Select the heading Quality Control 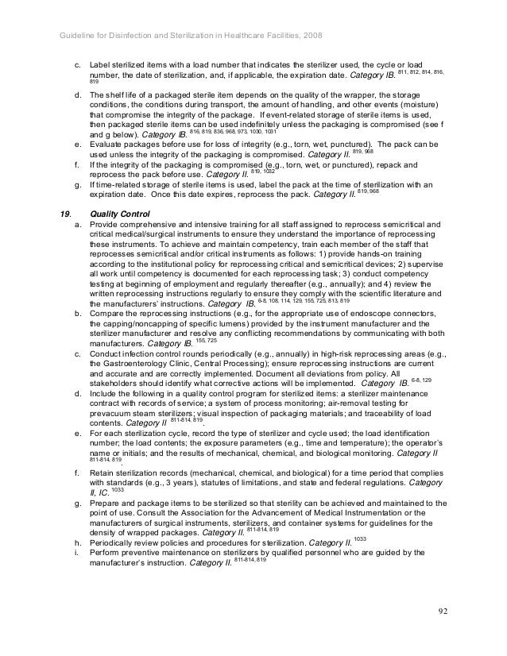coord(121,214)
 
